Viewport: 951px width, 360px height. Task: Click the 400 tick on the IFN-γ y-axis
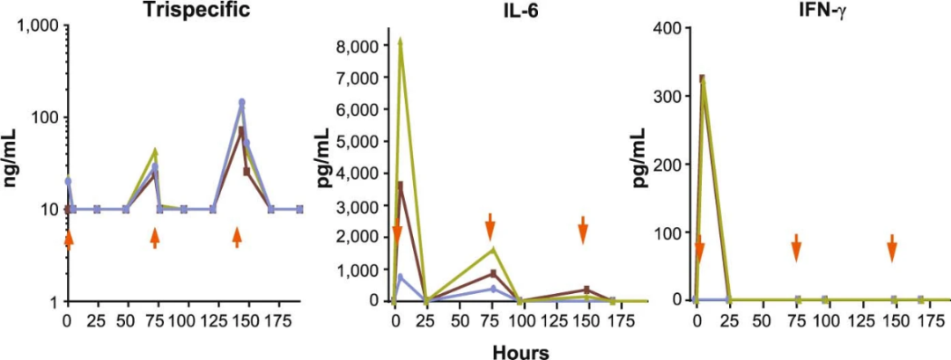671,27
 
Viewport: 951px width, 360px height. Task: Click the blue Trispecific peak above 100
241,102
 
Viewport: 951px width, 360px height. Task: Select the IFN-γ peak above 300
702,79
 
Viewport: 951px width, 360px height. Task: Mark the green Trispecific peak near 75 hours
155,151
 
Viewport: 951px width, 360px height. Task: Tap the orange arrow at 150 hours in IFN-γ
891,247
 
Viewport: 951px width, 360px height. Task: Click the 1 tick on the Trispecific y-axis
55,302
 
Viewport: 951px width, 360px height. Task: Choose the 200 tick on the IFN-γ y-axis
671,164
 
